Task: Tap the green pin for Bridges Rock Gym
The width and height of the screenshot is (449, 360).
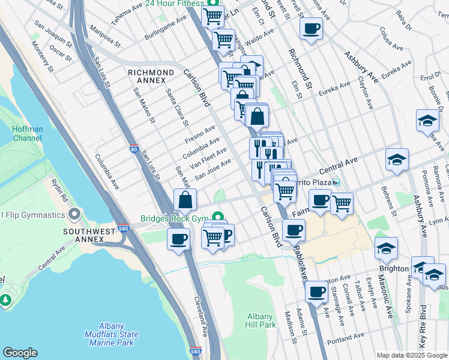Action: pyautogui.click(x=220, y=217)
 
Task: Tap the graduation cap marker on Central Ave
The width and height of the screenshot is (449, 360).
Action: pyautogui.click(x=397, y=160)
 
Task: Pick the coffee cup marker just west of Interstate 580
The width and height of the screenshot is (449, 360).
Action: pyautogui.click(x=178, y=239)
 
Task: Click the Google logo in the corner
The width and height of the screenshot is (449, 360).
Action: pyautogui.click(x=20, y=353)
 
